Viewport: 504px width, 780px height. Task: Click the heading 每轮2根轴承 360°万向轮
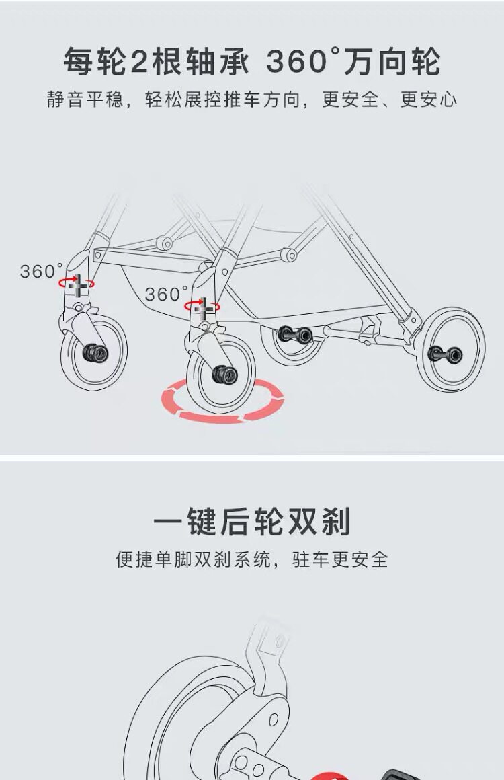(x=252, y=62)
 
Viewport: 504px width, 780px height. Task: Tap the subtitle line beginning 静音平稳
(x=252, y=100)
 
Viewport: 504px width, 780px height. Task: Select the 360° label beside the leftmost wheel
(x=41, y=272)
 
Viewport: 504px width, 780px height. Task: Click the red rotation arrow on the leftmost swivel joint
(x=76, y=284)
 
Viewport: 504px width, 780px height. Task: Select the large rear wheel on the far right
(x=450, y=350)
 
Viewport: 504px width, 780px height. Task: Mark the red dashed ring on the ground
(x=222, y=401)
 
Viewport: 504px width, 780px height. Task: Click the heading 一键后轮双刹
(x=252, y=522)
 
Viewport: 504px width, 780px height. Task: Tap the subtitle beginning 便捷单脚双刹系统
(x=252, y=559)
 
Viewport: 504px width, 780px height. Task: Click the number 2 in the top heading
(x=138, y=63)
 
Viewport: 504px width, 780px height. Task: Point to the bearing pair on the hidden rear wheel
(x=296, y=334)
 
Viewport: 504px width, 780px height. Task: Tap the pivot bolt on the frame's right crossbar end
(x=290, y=254)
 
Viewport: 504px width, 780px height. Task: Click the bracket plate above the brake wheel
(x=269, y=639)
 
